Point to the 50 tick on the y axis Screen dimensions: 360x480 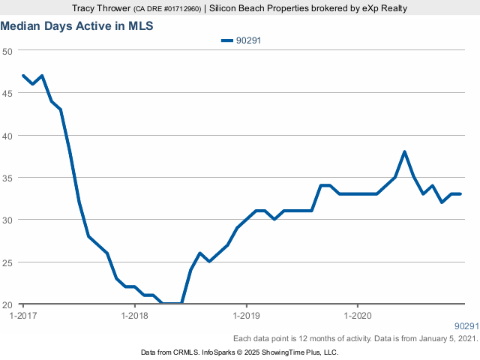coord(7,51)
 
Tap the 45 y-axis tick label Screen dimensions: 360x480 coord(7,93)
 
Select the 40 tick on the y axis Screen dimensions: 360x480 coord(7,136)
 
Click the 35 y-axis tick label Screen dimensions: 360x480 coord(7,178)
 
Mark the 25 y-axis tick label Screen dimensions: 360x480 coord(7,262)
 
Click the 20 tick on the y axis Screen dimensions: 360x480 coord(7,304)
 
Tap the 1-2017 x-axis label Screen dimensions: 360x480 coord(22,315)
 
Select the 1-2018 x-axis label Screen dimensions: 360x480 coord(134,315)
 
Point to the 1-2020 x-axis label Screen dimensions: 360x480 coord(357,315)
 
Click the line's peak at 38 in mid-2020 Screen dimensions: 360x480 coord(404,152)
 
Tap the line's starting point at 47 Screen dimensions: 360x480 coord(23,76)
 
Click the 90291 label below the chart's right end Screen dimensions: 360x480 coord(466,326)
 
